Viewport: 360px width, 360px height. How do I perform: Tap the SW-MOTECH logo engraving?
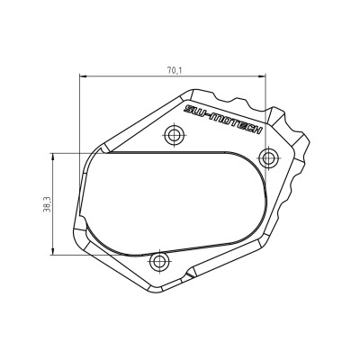(221, 118)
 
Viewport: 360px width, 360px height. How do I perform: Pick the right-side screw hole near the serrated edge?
(266, 158)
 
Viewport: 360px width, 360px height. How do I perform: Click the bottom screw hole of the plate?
(160, 263)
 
